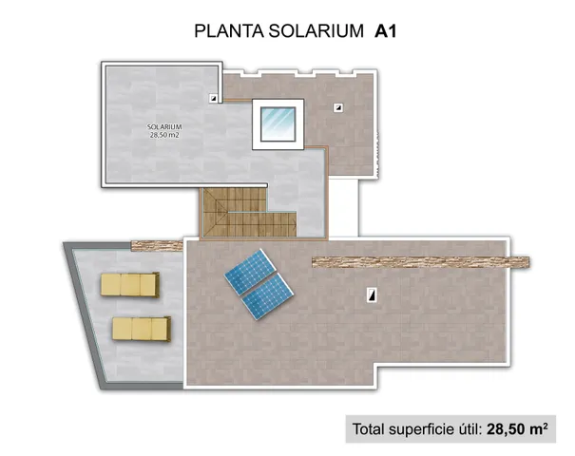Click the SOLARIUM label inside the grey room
164,126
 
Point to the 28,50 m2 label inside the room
164,135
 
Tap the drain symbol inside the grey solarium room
213,97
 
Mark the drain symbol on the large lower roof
370,296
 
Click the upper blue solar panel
250,274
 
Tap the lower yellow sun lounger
140,328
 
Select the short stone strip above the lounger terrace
157,245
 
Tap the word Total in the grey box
372,428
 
